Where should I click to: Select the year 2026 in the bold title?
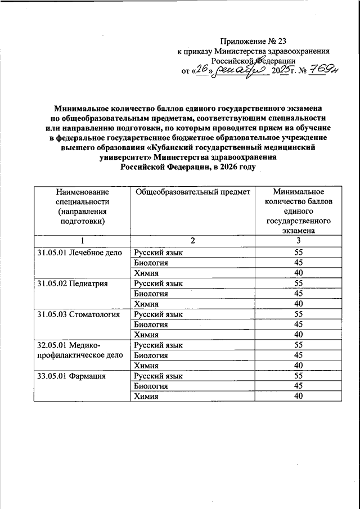(228, 167)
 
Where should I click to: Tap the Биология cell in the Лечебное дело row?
(151, 263)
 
